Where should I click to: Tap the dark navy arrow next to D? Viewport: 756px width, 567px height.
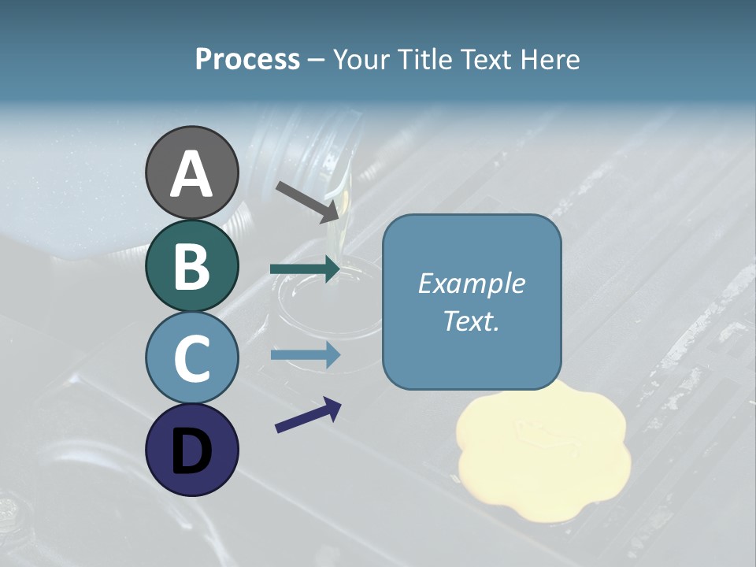tap(308, 415)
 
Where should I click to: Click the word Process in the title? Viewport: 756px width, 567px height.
tap(247, 59)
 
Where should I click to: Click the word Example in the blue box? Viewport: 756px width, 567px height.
tap(472, 283)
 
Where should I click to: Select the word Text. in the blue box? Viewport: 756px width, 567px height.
tap(472, 321)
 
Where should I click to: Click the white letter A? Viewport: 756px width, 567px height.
tap(191, 174)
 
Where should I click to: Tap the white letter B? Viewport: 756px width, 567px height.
tap(191, 266)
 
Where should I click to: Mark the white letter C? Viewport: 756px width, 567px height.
tap(191, 358)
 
